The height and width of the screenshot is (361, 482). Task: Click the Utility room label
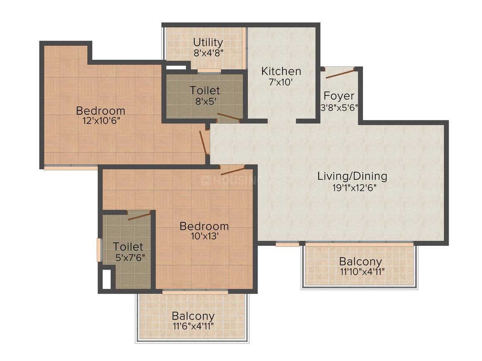point(208,42)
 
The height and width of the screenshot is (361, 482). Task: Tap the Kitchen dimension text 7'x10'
point(281,82)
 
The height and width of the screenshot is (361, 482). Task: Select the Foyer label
point(339,96)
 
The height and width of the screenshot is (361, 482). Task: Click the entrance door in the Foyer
point(339,74)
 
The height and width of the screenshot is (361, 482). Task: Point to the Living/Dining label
point(352,176)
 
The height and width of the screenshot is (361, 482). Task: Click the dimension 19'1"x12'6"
point(352,187)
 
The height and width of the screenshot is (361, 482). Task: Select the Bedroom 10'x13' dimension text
point(204,236)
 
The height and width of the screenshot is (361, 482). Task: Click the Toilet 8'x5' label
point(205,90)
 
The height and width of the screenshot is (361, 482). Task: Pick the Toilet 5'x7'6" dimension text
point(130,257)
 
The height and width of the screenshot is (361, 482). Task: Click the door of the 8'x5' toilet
point(229,117)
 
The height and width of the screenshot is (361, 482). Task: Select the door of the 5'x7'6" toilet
point(139,215)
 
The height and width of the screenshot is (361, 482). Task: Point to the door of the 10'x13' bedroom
point(233,170)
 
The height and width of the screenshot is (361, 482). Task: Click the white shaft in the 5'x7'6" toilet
point(107,279)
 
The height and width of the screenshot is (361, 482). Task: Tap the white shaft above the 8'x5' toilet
point(176,66)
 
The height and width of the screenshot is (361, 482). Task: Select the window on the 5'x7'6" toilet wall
point(99,250)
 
